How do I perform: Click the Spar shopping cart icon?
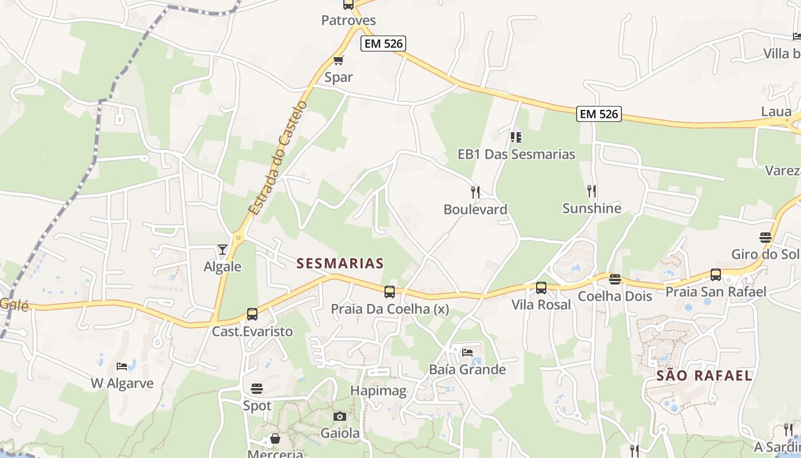338,60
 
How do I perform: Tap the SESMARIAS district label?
340,263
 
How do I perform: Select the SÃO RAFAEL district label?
704,376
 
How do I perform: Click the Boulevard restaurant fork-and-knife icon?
475,192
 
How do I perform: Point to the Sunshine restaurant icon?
592,191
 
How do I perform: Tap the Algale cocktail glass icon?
223,249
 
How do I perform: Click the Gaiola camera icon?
340,416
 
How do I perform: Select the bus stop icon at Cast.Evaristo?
252,314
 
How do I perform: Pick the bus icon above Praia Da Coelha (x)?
390,292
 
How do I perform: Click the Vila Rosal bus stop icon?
541,287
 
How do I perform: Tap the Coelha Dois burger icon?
615,279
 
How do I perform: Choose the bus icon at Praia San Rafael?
716,275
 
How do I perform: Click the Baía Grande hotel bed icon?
467,352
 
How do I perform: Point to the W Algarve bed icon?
122,366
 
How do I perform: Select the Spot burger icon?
257,388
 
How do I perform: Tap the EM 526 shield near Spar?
383,44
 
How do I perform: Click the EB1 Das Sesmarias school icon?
516,137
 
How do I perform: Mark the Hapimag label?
378,391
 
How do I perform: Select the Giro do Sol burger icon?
766,237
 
